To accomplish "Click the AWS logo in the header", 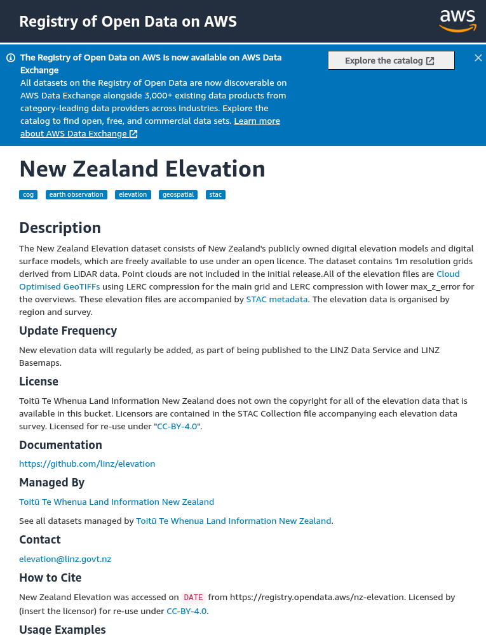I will pyautogui.click(x=457, y=20).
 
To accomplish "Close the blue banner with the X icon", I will pyautogui.click(x=478, y=58).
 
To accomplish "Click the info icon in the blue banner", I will pyautogui.click(x=11, y=58).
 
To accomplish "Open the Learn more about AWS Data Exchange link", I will pyautogui.click(x=257, y=121).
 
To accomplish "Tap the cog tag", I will pyautogui.click(x=28, y=194).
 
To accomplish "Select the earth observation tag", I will pyautogui.click(x=76, y=194).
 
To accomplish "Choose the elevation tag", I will pyautogui.click(x=133, y=194).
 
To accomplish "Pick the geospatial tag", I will pyautogui.click(x=178, y=194).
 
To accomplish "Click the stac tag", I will pyautogui.click(x=216, y=194).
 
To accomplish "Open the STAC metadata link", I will pyautogui.click(x=276, y=299).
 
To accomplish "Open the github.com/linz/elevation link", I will pyautogui.click(x=87, y=464).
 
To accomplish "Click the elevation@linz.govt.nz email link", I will pyautogui.click(x=65, y=559).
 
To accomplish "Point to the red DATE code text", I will pyautogui.click(x=193, y=598).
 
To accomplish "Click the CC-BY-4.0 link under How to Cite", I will pyautogui.click(x=187, y=611).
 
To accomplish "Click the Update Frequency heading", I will pyautogui.click(x=68, y=331).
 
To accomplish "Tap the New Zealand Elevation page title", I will pyautogui.click(x=142, y=169).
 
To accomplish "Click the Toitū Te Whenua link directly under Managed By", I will pyautogui.click(x=116, y=502).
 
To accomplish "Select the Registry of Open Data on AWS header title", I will pyautogui.click(x=128, y=22).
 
